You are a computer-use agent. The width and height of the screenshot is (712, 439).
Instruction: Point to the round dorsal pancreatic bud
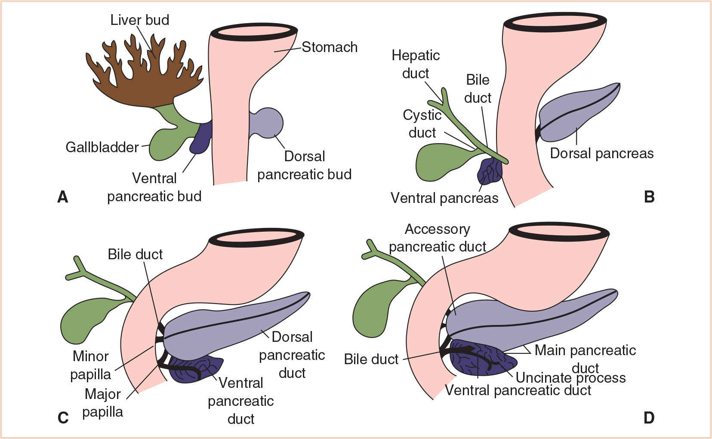click(269, 123)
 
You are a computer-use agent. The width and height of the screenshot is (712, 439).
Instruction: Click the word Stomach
click(330, 47)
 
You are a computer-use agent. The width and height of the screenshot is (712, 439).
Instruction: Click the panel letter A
click(63, 197)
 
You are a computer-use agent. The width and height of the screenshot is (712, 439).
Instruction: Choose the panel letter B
click(649, 197)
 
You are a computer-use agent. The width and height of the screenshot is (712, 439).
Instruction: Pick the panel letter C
click(63, 418)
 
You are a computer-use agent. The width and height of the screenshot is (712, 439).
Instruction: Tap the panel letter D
click(649, 418)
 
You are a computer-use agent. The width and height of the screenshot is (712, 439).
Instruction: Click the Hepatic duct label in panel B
click(416, 64)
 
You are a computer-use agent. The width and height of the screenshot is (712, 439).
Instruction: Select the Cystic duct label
click(422, 124)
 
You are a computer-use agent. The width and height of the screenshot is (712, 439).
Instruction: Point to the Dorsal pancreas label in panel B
click(601, 153)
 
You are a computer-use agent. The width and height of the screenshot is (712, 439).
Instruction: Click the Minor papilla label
click(90, 365)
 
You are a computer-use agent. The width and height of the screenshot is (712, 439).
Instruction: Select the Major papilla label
click(102, 403)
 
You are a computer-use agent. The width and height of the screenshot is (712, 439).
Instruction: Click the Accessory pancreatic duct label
click(437, 238)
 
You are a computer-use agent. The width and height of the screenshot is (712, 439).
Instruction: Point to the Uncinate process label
click(570, 378)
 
